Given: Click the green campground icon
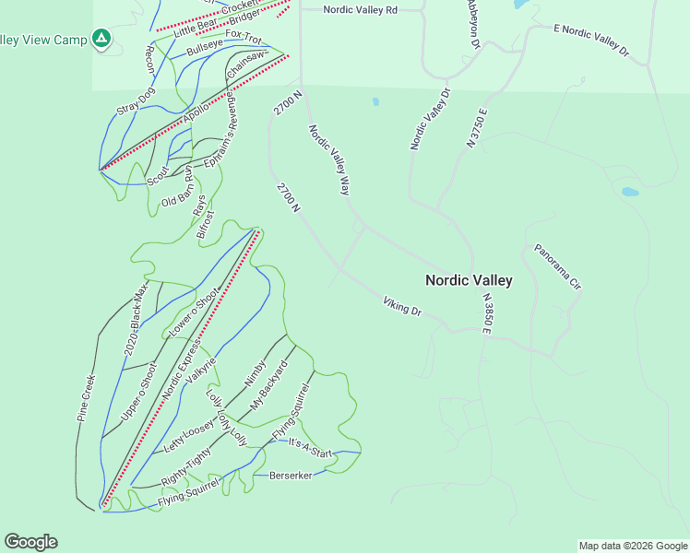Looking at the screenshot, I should click(x=101, y=39).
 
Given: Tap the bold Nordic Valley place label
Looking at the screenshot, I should click(x=468, y=280).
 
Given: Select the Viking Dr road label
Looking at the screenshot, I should click(x=402, y=307).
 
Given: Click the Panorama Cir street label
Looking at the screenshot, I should click(x=558, y=267).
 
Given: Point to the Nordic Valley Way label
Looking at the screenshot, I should click(x=329, y=159).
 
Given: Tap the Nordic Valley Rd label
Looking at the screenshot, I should click(x=361, y=10).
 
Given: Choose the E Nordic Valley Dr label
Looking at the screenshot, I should click(x=591, y=41).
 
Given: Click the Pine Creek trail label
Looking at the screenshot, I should click(x=87, y=397).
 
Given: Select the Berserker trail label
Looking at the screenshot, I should click(x=291, y=476).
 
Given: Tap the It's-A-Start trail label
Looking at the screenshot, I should click(x=310, y=448).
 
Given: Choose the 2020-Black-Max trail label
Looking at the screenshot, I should click(x=136, y=322).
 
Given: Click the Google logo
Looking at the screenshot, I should click(x=30, y=542).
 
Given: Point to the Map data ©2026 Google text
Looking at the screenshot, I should click(x=632, y=546).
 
